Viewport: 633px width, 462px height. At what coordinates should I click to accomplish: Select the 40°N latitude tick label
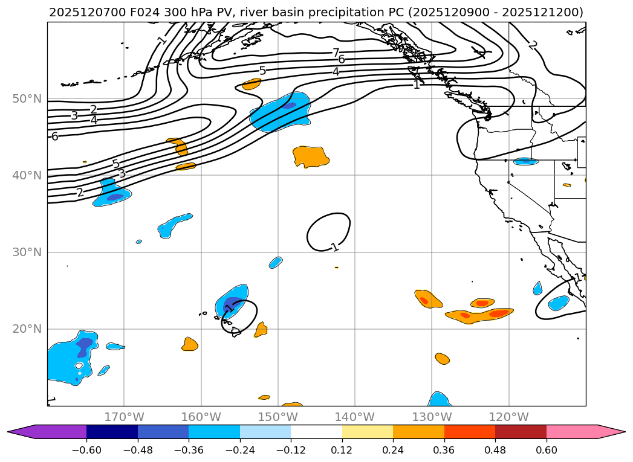(x=27, y=176)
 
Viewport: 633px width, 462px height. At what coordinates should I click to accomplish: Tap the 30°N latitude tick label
(x=27, y=252)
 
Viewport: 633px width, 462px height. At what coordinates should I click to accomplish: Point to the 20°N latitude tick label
(x=27, y=329)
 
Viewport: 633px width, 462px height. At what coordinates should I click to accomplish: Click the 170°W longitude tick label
(x=124, y=417)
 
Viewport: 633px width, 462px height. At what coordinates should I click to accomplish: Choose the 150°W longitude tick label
(x=278, y=417)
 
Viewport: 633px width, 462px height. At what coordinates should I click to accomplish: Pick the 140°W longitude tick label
(x=354, y=417)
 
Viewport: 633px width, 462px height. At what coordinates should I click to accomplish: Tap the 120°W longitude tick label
(x=508, y=417)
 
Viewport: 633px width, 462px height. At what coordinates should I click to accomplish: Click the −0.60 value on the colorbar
(x=86, y=450)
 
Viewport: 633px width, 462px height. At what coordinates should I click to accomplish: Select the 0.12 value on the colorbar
(x=342, y=450)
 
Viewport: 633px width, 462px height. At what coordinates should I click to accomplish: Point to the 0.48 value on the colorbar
(x=495, y=450)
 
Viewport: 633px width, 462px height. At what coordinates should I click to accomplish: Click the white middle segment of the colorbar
(x=316, y=432)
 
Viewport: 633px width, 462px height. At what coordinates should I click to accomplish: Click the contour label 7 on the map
(x=336, y=53)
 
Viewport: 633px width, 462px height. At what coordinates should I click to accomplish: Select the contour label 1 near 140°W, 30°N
(x=334, y=247)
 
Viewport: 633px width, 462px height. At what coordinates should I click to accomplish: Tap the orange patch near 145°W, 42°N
(x=310, y=156)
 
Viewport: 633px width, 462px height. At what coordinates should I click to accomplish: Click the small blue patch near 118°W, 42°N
(x=525, y=161)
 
